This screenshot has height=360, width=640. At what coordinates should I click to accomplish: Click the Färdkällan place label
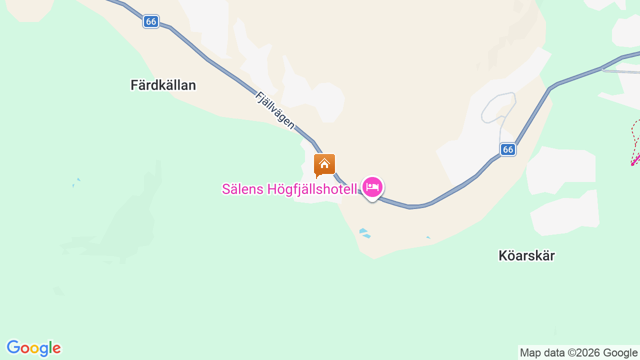tap(163, 85)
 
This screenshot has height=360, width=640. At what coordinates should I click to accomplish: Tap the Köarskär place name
tap(526, 255)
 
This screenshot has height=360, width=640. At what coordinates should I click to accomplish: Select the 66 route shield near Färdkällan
tap(151, 21)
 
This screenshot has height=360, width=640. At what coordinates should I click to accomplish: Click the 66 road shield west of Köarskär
tap(508, 149)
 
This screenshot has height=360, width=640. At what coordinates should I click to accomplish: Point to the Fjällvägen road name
tap(275, 110)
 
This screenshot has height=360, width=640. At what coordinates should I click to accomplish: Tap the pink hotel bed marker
tap(372, 187)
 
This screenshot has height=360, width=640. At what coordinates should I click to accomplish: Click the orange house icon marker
tap(324, 164)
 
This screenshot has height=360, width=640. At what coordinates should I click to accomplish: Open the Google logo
tap(33, 348)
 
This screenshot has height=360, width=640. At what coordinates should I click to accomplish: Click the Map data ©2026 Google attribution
tap(578, 352)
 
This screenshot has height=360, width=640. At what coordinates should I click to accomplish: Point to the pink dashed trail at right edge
tap(635, 142)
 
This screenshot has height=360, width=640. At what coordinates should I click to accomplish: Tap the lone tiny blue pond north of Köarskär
tap(428, 237)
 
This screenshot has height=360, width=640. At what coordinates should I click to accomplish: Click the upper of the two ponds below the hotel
tap(363, 230)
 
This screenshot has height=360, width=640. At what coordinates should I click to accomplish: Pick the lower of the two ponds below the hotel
tap(367, 236)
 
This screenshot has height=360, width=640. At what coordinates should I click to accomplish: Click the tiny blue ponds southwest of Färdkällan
tap(75, 182)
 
